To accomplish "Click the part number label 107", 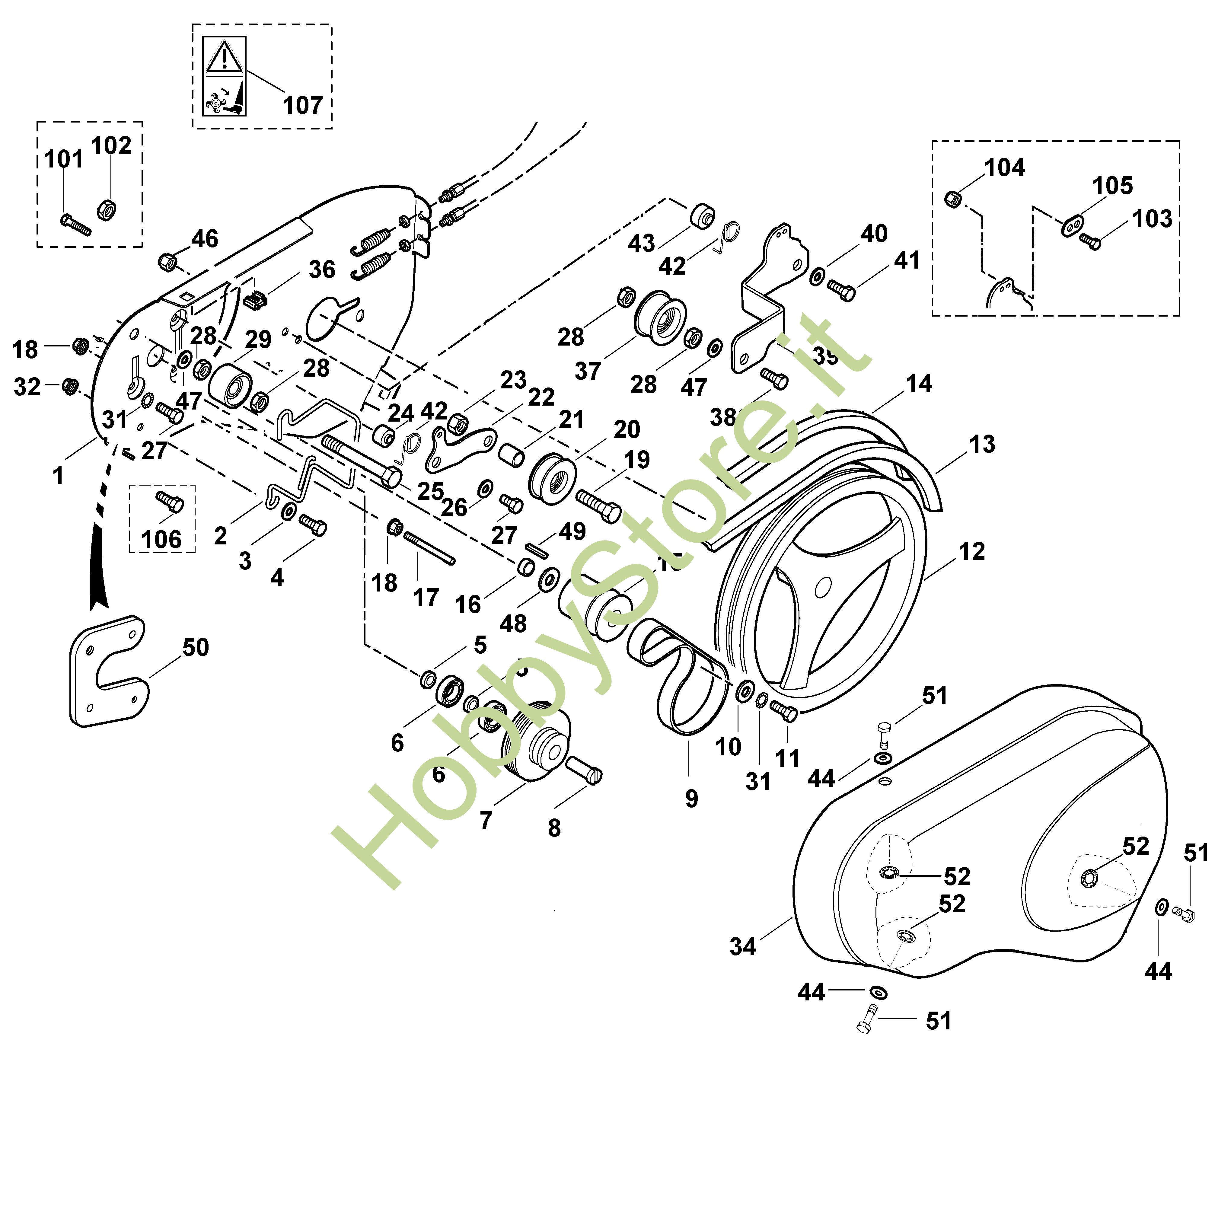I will point(302,105).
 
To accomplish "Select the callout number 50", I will point(196,647).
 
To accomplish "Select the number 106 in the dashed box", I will point(162,540).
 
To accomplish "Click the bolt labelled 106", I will point(170,502).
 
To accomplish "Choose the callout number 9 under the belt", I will point(692,799).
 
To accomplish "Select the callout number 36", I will point(322,270).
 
